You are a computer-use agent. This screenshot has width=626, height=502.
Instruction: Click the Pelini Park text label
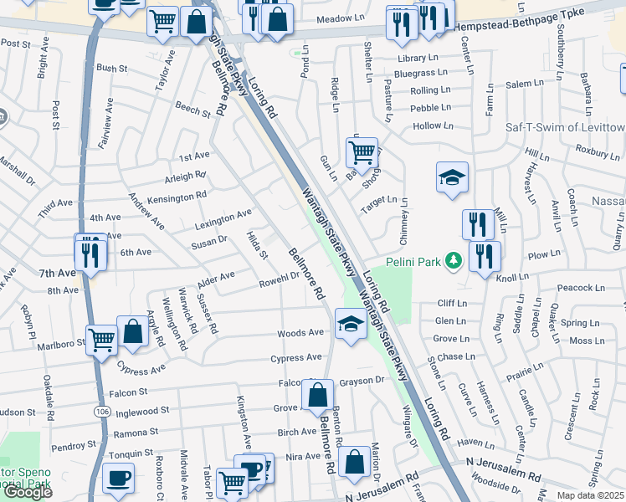point(413,262)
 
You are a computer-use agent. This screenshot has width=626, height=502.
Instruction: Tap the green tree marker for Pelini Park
point(454,262)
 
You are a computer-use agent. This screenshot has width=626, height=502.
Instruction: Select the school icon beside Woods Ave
point(350,325)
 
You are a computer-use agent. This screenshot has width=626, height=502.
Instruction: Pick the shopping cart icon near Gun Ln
point(362,153)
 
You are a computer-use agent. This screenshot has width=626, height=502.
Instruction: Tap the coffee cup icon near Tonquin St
point(118,479)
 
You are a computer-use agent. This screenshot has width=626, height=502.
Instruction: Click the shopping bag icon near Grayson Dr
point(318,396)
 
